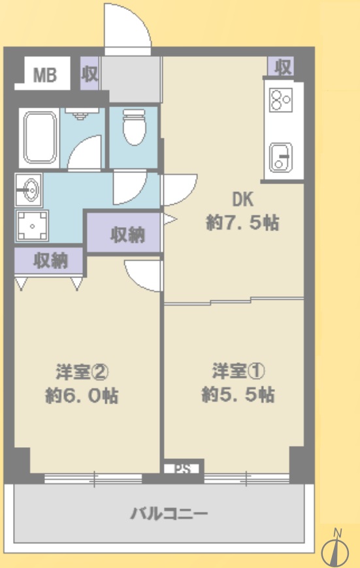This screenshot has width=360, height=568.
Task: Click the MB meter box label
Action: [45, 75]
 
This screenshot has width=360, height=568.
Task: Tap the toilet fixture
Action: [134, 127]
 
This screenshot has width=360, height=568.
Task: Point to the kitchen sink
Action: [281, 157]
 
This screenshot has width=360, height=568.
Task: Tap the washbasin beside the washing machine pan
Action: [29, 189]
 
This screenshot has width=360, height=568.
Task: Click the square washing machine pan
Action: [32, 226]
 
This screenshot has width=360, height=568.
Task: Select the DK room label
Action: [242, 199]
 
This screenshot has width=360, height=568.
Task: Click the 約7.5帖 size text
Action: [242, 223]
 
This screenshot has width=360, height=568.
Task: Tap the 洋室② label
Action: [82, 371]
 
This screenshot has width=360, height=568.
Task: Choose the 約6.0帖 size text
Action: [82, 396]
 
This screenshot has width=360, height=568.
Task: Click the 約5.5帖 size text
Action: [238, 394]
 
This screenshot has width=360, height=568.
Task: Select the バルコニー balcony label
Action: [169, 514]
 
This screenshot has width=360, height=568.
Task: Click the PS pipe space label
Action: [183, 469]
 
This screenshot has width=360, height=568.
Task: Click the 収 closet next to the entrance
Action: [90, 74]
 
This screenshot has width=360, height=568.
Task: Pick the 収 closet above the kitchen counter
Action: [282, 67]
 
